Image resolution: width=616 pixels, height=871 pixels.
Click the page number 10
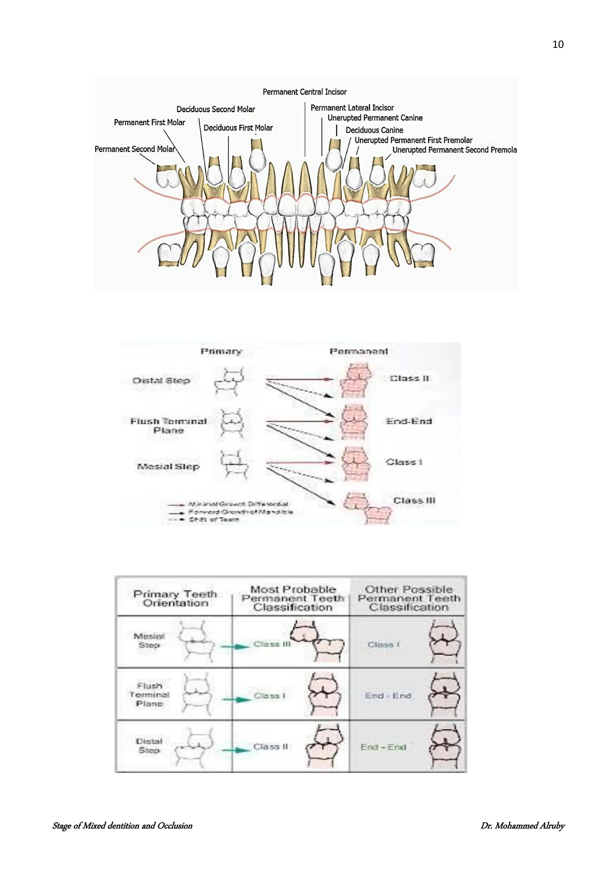[558, 45]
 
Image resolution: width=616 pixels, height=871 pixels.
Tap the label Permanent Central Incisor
[305, 92]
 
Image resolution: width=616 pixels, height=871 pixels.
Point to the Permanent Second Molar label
[135, 149]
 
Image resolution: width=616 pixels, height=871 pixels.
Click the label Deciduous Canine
[374, 130]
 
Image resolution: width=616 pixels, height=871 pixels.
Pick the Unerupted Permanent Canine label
[375, 118]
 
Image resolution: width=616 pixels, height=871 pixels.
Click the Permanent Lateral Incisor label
[352, 108]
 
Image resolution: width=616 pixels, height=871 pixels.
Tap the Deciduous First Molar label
[238, 128]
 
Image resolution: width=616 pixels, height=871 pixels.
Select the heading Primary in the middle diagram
[221, 351]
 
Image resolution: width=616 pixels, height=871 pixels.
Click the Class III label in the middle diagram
[414, 501]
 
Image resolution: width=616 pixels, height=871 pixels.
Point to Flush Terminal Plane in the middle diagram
[168, 426]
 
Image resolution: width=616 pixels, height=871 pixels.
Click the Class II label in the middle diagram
[409, 378]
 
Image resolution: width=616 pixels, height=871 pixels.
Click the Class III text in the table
[272, 644]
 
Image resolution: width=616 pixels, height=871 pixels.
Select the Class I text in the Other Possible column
[383, 645]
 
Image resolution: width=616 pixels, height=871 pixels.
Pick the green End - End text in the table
[383, 747]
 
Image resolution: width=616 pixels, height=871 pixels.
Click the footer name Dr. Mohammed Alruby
[522, 826]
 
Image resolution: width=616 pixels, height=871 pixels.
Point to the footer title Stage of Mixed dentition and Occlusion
[122, 826]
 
